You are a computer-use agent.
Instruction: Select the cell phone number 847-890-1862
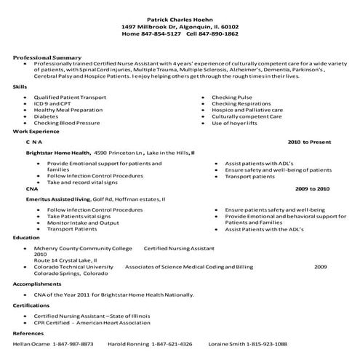[220, 33]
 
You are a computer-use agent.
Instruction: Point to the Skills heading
[20, 87]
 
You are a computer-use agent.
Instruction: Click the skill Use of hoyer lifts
[236, 123]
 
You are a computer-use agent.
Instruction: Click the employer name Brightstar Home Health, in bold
[59, 153]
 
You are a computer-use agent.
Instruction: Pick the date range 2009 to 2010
[312, 188]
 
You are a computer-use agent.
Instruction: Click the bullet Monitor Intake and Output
[83, 223]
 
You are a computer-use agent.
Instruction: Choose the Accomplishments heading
[36, 284]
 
